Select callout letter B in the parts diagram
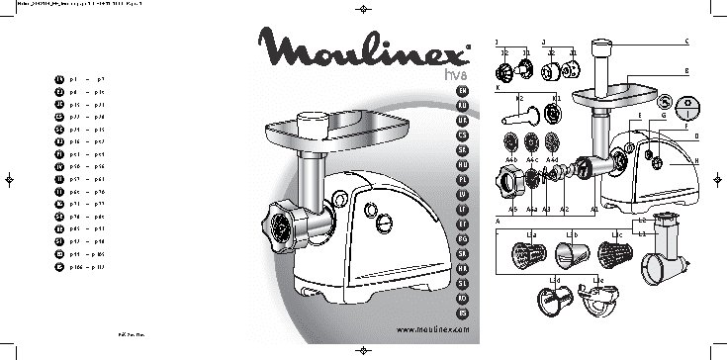pos(686,71)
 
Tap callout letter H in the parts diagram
pos(696,161)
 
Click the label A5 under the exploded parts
pos(512,210)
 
